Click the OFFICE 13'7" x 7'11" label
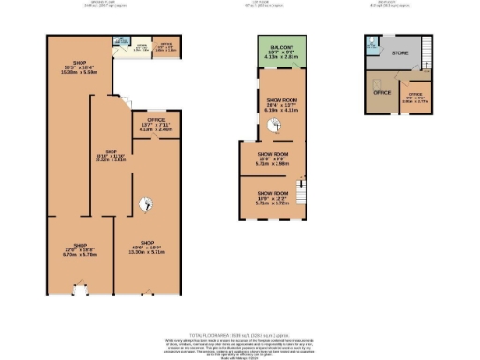(151, 126)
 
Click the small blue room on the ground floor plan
(121, 42)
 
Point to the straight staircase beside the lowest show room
(301, 191)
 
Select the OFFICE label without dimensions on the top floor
(382, 93)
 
